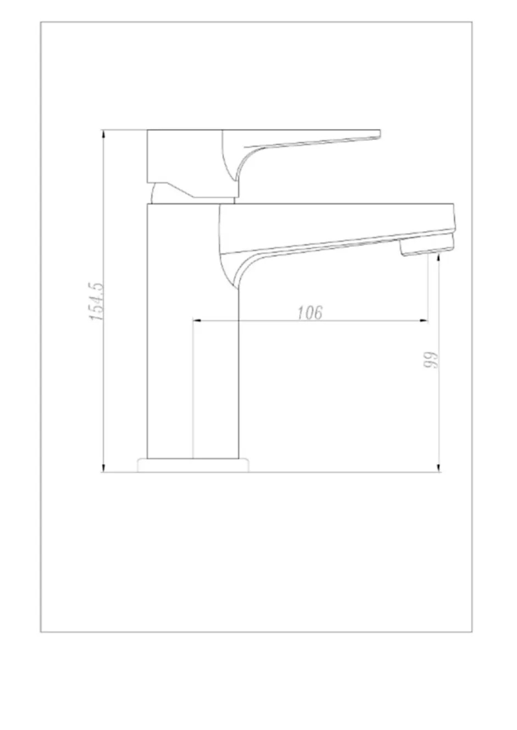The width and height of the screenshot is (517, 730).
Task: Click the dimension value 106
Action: pyautogui.click(x=310, y=313)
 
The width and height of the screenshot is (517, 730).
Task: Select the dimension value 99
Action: pyautogui.click(x=430, y=360)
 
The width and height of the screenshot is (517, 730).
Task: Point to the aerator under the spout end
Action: pyautogui.click(x=427, y=247)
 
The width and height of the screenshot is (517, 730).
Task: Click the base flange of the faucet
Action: pyautogui.click(x=193, y=465)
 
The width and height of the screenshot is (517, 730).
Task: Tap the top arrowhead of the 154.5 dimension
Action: pyautogui.click(x=103, y=133)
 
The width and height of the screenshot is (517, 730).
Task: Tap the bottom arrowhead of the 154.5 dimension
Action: pyautogui.click(x=103, y=468)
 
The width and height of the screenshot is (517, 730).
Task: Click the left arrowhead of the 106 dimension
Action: pyautogui.click(x=197, y=321)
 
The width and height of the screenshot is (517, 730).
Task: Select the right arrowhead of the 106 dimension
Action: pyautogui.click(x=424, y=321)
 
